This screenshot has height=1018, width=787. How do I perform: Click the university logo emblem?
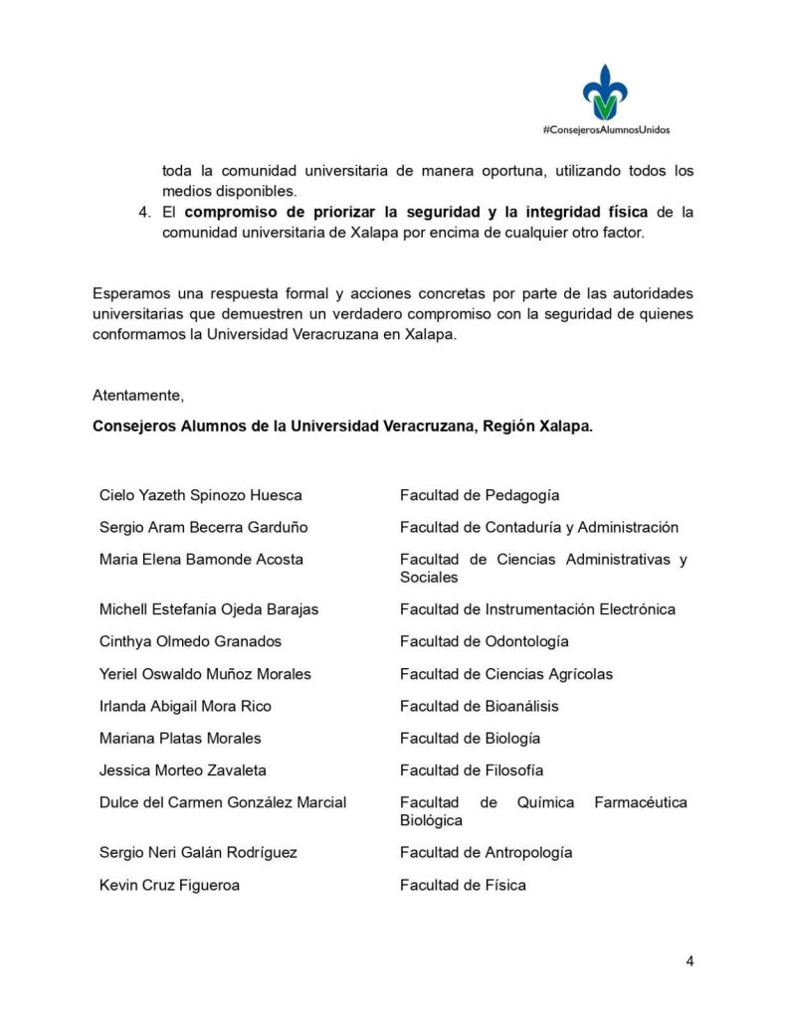tap(605, 92)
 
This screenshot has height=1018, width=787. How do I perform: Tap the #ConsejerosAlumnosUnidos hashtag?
tap(606, 130)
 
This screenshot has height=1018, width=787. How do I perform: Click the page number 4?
tap(689, 960)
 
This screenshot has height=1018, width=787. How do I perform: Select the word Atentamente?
tap(137, 395)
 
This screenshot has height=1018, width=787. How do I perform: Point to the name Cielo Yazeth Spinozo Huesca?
tap(201, 495)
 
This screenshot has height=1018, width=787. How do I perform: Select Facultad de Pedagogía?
tap(480, 495)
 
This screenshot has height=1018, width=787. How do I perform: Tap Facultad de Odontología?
tap(485, 641)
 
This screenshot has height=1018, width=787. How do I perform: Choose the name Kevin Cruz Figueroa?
tap(169, 885)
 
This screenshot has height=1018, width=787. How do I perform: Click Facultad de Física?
tap(463, 885)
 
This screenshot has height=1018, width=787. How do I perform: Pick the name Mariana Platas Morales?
tap(180, 739)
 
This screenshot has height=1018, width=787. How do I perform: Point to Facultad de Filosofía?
tap(472, 770)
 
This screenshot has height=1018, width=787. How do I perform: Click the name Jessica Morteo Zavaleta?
tap(183, 770)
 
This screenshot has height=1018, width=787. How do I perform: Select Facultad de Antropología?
tap(486, 853)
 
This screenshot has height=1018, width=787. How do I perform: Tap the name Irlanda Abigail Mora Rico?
tap(185, 706)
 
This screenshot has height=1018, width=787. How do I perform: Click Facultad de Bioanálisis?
tap(480, 706)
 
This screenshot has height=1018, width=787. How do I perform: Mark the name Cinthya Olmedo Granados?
tap(190, 641)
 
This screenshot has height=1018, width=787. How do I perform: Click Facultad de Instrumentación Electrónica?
tap(537, 609)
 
